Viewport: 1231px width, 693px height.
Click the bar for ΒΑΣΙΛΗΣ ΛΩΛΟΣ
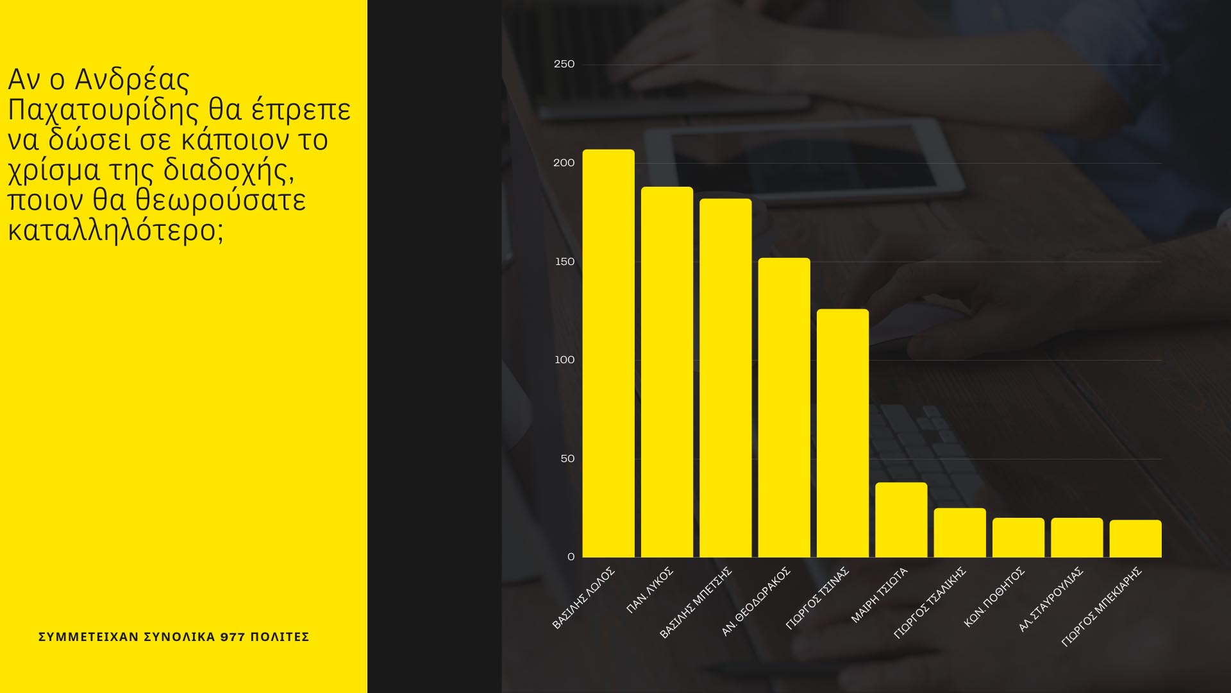pos(608,354)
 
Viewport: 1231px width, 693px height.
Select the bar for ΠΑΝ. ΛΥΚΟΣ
pos(667,372)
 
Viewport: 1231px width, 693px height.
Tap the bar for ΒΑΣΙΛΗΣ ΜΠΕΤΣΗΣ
pos(725,378)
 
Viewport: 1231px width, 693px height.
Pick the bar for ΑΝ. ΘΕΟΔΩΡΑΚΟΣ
pos(784,407)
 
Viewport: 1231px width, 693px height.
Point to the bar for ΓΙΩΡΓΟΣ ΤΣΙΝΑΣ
pos(842,433)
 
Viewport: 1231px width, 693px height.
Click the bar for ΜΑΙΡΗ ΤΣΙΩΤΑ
pos(901,520)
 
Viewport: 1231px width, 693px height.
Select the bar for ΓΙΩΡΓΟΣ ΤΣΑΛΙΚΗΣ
pos(960,533)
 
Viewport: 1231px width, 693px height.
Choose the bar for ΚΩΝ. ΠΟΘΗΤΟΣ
pos(1018,538)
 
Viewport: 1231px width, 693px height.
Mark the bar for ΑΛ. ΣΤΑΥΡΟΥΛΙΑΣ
pos(1077,538)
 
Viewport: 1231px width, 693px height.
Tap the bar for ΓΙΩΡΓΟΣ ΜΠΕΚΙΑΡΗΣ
pos(1135,539)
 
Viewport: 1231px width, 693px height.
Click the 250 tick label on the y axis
pos(564,64)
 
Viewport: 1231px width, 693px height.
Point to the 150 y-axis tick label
pos(565,262)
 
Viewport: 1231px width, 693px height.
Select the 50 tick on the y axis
pos(567,459)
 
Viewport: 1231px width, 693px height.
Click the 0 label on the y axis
pos(571,557)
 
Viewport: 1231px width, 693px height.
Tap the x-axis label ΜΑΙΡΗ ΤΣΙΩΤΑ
pos(879,595)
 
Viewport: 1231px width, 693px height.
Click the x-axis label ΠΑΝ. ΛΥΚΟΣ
pos(649,590)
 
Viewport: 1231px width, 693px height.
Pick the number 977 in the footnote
pos(233,637)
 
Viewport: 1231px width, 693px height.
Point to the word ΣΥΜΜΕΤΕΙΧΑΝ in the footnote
pos(88,637)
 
